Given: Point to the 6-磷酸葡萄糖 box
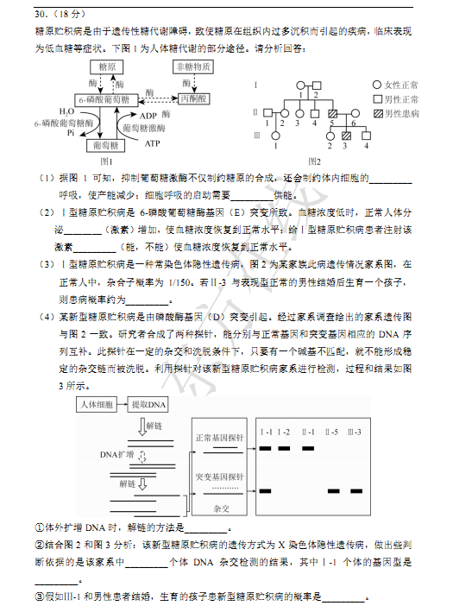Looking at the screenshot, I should (x=104, y=99).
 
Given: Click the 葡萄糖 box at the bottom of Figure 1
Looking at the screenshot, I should (x=108, y=145).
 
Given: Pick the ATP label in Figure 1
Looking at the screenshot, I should (x=152, y=143).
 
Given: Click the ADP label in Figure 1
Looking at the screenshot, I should (x=148, y=116).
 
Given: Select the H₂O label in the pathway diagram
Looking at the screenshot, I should (x=66, y=112).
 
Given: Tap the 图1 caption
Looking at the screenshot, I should (x=108, y=161).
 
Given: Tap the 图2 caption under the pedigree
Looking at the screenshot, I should (x=313, y=161).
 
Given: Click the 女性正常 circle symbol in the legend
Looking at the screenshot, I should (x=377, y=85).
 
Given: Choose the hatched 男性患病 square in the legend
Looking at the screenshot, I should (x=377, y=113).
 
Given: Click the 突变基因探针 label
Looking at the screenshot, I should (x=220, y=477).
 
